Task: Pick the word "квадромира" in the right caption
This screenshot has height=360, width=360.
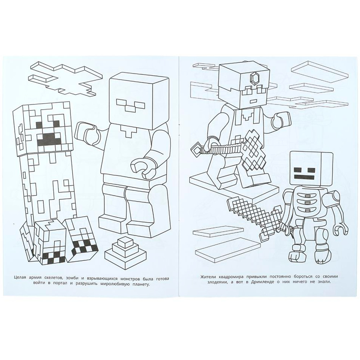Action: pos(236,277)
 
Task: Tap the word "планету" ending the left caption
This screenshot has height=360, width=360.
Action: pos(137,284)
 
